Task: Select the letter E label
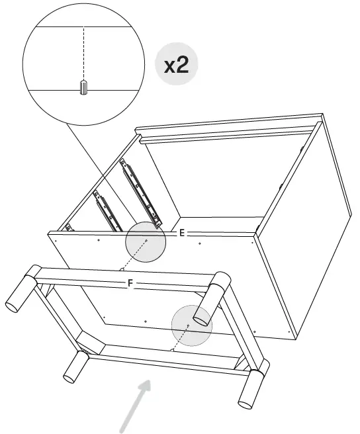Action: pos(181,234)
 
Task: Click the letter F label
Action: pos(130,283)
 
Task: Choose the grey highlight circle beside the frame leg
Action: pos(191,324)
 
